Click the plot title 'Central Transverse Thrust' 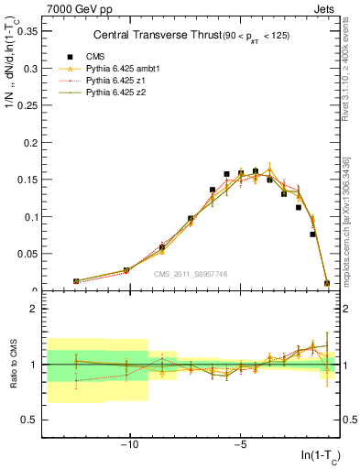coord(161,36)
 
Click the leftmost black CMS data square coord(76,281)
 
